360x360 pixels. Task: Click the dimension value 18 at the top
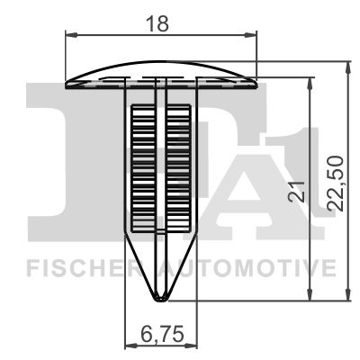[x=157, y=23]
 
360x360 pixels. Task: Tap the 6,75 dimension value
[x=162, y=334]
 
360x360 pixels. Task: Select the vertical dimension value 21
[x=296, y=192]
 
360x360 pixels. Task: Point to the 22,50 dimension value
[x=335, y=183]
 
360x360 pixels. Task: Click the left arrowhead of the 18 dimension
[x=71, y=35]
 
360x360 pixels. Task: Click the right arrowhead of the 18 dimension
[x=251, y=35]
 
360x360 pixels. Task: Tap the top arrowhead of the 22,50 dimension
[x=347, y=67]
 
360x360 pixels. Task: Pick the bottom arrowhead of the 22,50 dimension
[x=347, y=294]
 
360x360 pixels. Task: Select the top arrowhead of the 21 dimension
[x=310, y=84]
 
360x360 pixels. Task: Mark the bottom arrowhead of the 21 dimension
[x=310, y=294]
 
